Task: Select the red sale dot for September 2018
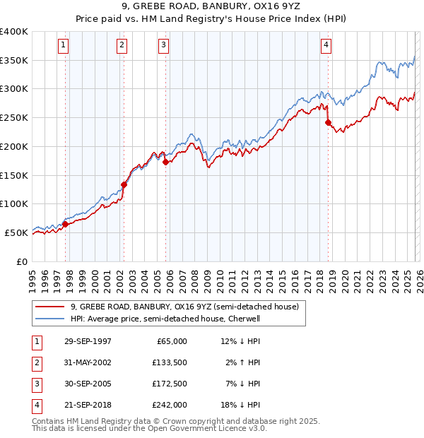click(x=328, y=122)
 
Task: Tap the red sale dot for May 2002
click(x=124, y=184)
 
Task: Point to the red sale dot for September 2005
click(x=165, y=162)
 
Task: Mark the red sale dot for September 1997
click(x=66, y=224)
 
